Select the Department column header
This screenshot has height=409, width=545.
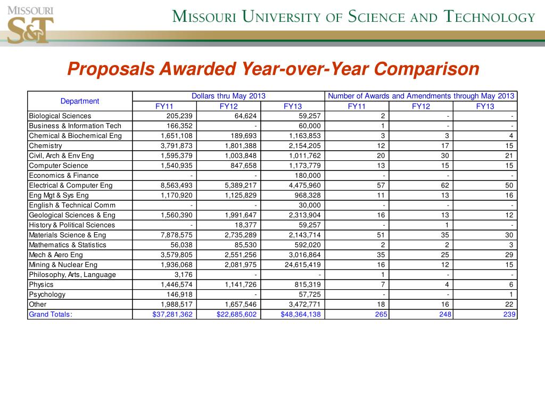(x=80, y=101)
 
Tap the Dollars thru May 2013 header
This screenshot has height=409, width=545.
(x=228, y=96)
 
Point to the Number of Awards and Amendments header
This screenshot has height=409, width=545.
(x=421, y=96)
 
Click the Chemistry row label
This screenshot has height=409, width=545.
(x=46, y=145)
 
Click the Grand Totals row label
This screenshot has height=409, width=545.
(x=51, y=314)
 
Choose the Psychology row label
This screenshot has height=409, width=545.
(x=47, y=295)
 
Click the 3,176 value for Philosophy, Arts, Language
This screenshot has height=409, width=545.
(x=184, y=275)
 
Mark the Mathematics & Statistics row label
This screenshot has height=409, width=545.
(x=68, y=245)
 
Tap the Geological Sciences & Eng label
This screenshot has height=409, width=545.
(x=72, y=215)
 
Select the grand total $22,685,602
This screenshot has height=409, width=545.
(x=237, y=314)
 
